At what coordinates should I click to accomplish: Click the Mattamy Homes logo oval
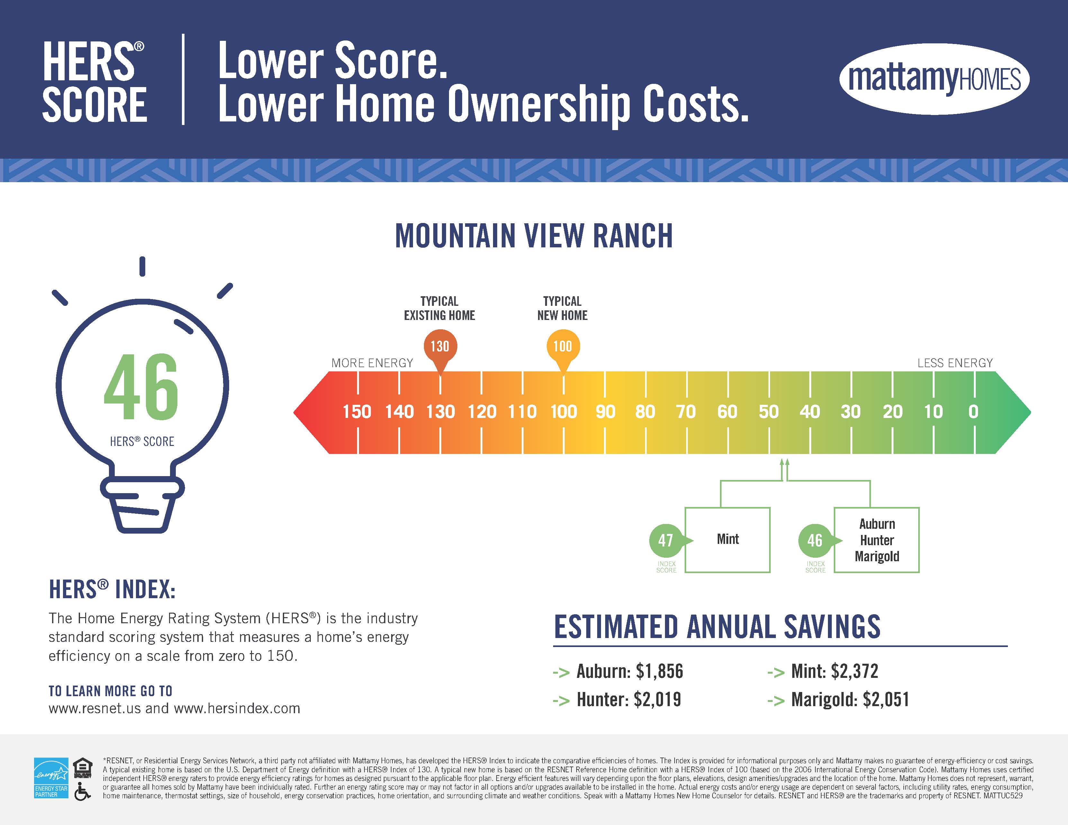(934, 79)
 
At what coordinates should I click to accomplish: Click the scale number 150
(357, 412)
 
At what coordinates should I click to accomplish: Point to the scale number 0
(973, 412)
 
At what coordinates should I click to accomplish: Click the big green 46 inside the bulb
(141, 387)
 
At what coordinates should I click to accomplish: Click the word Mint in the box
(728, 539)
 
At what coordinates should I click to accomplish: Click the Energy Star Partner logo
(51, 778)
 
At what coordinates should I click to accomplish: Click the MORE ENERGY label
(372, 363)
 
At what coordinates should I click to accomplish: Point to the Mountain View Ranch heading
(534, 236)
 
